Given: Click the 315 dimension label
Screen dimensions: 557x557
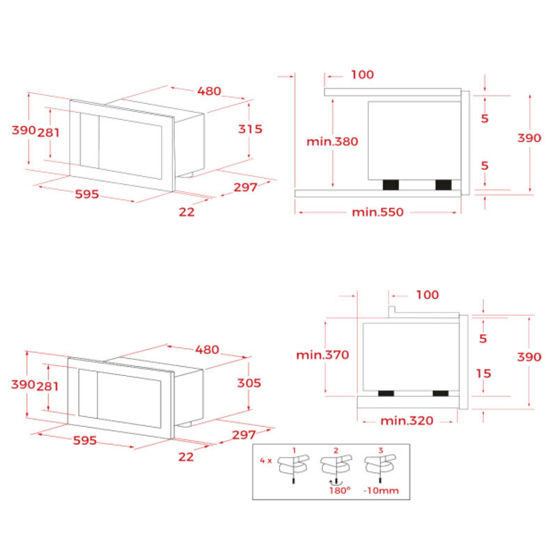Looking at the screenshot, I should point(250,129).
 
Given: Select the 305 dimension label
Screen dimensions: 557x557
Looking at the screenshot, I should point(249,383).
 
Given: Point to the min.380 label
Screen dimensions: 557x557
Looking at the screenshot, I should point(332,141).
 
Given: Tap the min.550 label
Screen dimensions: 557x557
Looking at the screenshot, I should point(378,212).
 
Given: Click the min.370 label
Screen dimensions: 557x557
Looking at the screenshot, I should point(322,355).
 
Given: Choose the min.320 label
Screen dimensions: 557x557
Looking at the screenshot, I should point(407,421).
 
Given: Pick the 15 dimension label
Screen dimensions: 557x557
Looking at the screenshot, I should point(483,374).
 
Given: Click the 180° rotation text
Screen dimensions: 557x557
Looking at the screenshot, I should point(339,491).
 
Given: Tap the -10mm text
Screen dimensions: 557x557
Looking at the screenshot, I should point(381,491).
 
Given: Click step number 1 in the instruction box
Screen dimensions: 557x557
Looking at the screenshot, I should point(295,451).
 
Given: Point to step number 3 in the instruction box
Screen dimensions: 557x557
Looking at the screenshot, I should point(380,451).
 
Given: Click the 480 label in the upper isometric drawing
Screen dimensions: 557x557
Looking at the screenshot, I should point(209,91).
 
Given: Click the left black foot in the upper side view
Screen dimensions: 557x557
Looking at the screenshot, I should point(391,185).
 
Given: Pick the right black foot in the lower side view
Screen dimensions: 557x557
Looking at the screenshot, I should point(440,394).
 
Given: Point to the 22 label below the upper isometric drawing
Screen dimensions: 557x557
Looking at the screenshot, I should point(187,212).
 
